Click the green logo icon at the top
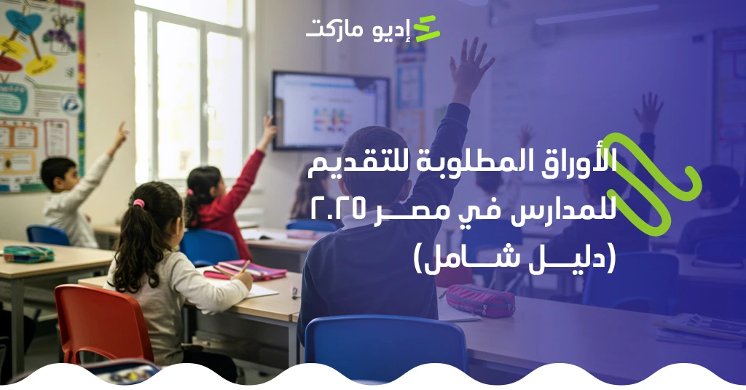point(427,29)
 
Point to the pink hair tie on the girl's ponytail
point(139,204)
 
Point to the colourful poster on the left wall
point(40,87)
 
